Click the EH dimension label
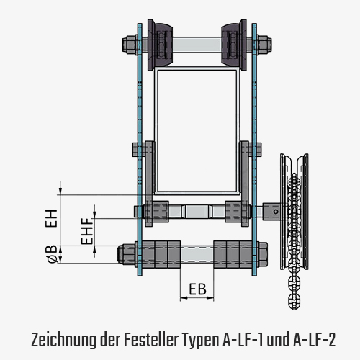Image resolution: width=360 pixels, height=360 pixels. (x=51, y=218)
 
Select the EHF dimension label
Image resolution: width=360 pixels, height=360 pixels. (x=87, y=231)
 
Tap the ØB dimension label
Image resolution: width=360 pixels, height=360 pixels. (x=53, y=254)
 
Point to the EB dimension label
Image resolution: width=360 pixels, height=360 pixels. (x=197, y=289)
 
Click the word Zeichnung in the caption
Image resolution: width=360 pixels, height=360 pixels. (x=63, y=340)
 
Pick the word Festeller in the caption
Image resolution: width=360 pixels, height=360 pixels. (x=151, y=339)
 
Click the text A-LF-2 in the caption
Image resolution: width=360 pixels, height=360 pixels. (x=314, y=339)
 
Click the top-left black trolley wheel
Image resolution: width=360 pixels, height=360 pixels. (x=160, y=45)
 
